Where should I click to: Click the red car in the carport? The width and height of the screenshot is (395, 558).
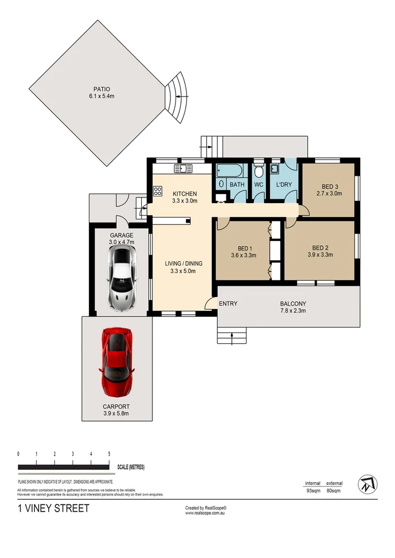click(117, 361)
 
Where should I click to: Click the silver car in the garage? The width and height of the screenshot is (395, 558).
click(122, 278)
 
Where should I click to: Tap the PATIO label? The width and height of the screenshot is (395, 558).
click(102, 89)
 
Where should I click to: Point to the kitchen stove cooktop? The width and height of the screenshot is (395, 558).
click(157, 193)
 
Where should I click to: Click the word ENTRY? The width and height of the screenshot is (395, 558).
click(229, 304)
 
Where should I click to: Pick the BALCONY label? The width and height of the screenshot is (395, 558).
click(293, 304)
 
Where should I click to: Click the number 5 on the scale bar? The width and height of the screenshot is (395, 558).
click(109, 454)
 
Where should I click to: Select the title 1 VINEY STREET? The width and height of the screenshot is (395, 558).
click(53, 508)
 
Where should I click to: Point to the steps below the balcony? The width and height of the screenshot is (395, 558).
click(231, 336)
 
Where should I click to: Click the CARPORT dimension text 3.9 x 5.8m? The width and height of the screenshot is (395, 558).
click(117, 413)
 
